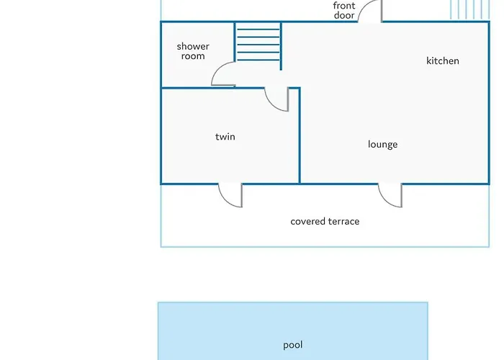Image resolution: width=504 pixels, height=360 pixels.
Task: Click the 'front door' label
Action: [344, 10]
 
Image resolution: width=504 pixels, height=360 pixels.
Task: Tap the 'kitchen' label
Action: [443, 60]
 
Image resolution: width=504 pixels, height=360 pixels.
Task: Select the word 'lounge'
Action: [382, 144]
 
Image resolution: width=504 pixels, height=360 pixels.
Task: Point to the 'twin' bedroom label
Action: [225, 137]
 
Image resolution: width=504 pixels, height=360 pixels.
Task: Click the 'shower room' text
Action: [193, 51]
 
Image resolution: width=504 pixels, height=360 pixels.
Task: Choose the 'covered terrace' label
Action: [325, 222]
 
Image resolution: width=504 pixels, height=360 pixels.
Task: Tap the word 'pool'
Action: [293, 345]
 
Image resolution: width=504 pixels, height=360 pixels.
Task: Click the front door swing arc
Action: [365, 7]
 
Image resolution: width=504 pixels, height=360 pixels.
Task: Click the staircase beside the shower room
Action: [258, 45]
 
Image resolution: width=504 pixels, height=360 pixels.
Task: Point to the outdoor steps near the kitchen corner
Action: [469, 9]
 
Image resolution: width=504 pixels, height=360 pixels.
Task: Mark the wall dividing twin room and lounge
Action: [300, 135]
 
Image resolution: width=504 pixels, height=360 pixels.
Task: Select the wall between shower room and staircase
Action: [235, 42]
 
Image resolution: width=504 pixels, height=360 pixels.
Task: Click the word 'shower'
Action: [193, 47]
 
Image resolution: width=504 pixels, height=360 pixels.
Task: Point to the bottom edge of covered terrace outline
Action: [325, 247]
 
